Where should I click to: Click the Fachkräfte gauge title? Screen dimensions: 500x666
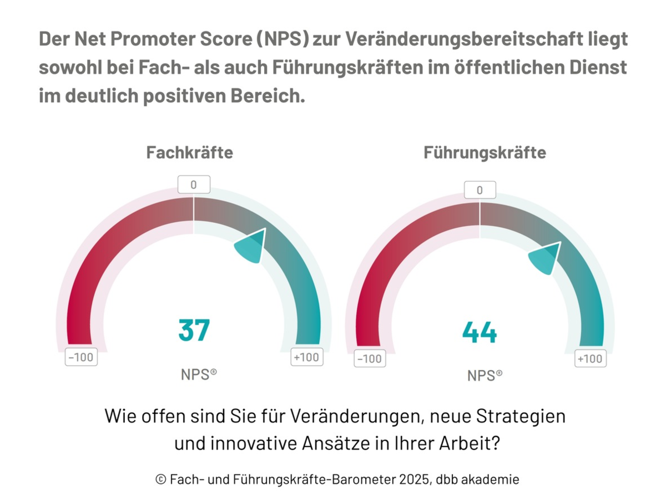189,153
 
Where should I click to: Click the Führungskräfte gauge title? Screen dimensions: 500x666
485,153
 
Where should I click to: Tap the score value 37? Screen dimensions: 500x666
194,330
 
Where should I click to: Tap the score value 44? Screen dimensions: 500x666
480,333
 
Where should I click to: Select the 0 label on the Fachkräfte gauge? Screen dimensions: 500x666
194,184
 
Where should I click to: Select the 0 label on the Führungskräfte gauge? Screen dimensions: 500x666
480,191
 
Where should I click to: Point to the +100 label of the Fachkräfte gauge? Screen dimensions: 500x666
306,357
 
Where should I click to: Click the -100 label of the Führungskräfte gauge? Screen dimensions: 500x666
369,359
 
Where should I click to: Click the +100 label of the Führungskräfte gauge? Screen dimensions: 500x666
589,359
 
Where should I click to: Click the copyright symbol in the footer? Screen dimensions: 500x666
160,479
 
